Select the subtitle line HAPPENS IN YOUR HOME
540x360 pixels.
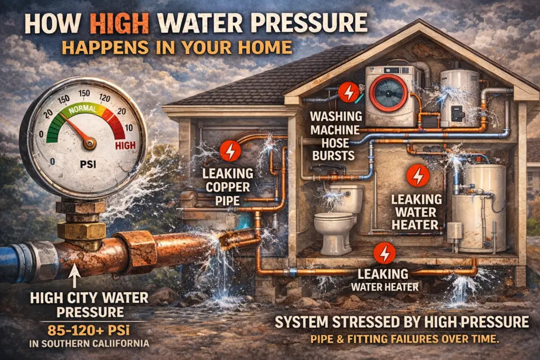(x=177, y=47)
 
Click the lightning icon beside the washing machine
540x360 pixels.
(x=348, y=93)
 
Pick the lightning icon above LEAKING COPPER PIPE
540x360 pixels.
(x=230, y=151)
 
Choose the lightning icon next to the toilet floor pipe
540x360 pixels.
(x=383, y=255)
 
